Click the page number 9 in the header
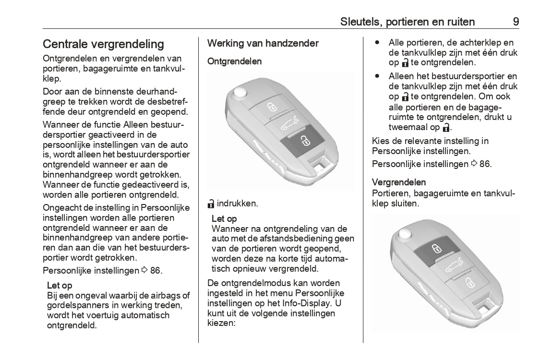[515, 22]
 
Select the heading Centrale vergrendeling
[103, 44]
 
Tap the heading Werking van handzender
[263, 43]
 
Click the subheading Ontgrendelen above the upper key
[234, 61]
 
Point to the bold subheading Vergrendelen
[399, 182]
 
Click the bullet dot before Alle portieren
[378, 42]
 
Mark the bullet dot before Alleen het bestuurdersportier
[378, 76]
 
